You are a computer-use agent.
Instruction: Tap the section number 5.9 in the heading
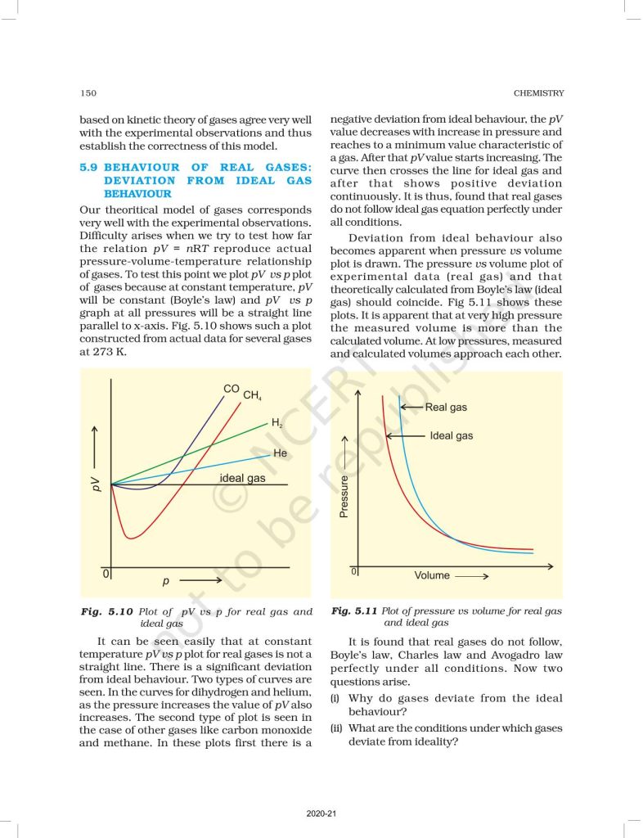89,166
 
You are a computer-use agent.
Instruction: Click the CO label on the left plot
232,389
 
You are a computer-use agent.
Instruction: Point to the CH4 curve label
252,396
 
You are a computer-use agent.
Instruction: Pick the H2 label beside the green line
277,423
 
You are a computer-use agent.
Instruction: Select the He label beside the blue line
280,453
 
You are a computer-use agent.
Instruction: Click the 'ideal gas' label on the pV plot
242,477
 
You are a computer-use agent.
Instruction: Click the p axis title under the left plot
165,581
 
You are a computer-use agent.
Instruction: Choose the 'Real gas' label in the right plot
446,407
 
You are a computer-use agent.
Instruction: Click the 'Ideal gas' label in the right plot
451,436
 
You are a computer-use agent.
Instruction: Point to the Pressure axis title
344,496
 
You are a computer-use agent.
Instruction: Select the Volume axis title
432,575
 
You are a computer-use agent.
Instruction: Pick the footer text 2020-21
320,814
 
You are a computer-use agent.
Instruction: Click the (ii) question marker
336,728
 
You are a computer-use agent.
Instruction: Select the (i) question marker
335,698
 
